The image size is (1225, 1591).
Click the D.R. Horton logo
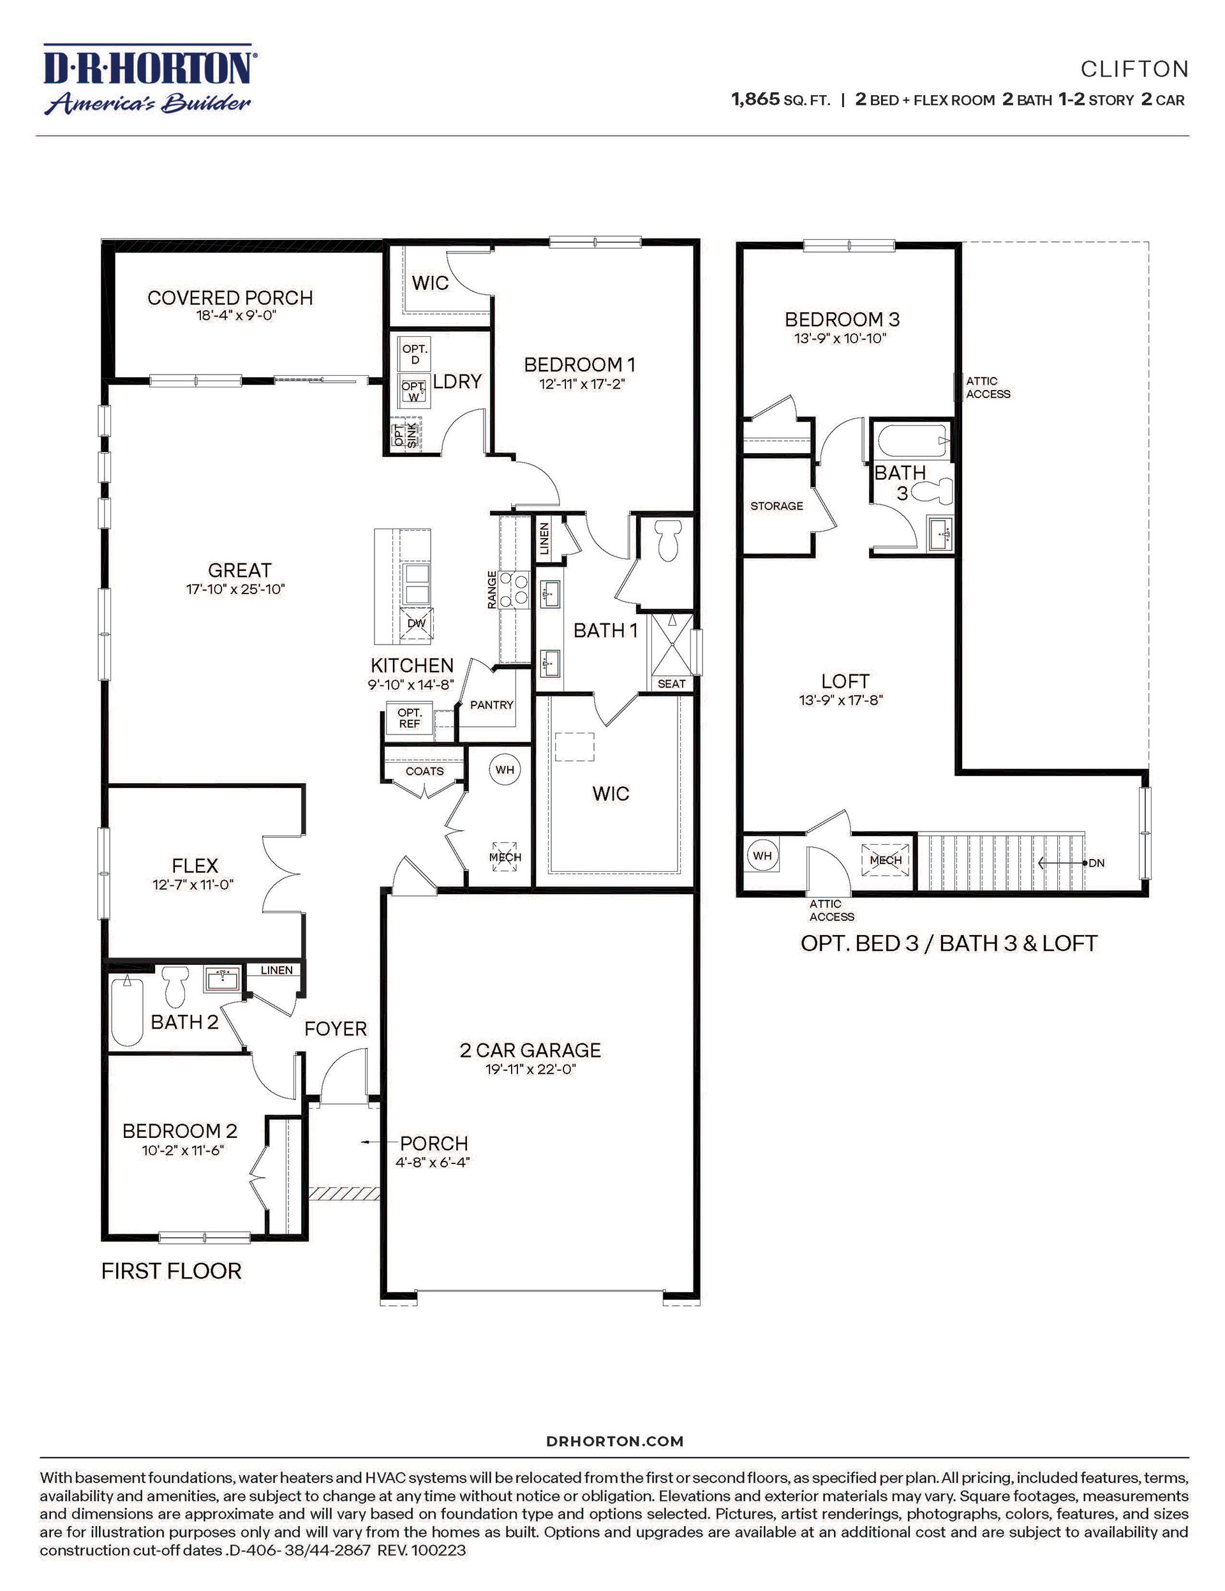click(x=148, y=78)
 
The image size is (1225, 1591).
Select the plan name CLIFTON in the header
click(x=1134, y=69)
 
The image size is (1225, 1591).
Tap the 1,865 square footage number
click(x=755, y=99)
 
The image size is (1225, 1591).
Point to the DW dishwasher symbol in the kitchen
click(x=416, y=623)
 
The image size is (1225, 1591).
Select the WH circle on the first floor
click(x=505, y=769)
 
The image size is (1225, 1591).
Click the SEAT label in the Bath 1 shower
click(x=671, y=683)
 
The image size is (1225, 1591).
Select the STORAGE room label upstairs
click(x=776, y=505)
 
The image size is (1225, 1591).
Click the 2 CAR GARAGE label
click(x=530, y=1050)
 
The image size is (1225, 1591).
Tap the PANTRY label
click(x=492, y=705)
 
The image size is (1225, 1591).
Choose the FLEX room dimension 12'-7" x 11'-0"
click(x=193, y=885)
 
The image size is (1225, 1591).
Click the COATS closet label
click(x=424, y=771)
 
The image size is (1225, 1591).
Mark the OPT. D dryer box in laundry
click(x=415, y=354)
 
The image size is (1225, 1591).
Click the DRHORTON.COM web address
click(x=614, y=1441)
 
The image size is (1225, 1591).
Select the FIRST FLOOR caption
click(x=171, y=1271)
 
